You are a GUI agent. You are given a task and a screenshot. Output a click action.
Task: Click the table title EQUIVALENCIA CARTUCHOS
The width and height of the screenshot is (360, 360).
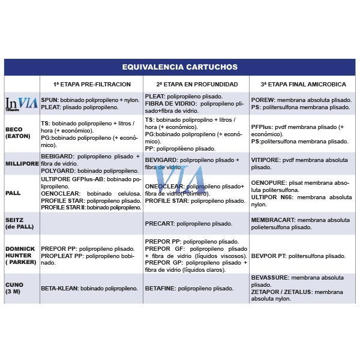180,67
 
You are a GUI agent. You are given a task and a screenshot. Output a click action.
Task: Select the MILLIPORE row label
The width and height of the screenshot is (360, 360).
22,163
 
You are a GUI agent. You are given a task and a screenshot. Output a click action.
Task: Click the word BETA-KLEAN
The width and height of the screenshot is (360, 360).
59,289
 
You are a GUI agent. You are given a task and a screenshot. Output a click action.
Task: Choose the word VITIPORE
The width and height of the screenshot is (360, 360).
265,160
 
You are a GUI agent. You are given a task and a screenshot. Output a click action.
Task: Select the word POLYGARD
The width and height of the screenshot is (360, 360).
57,171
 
